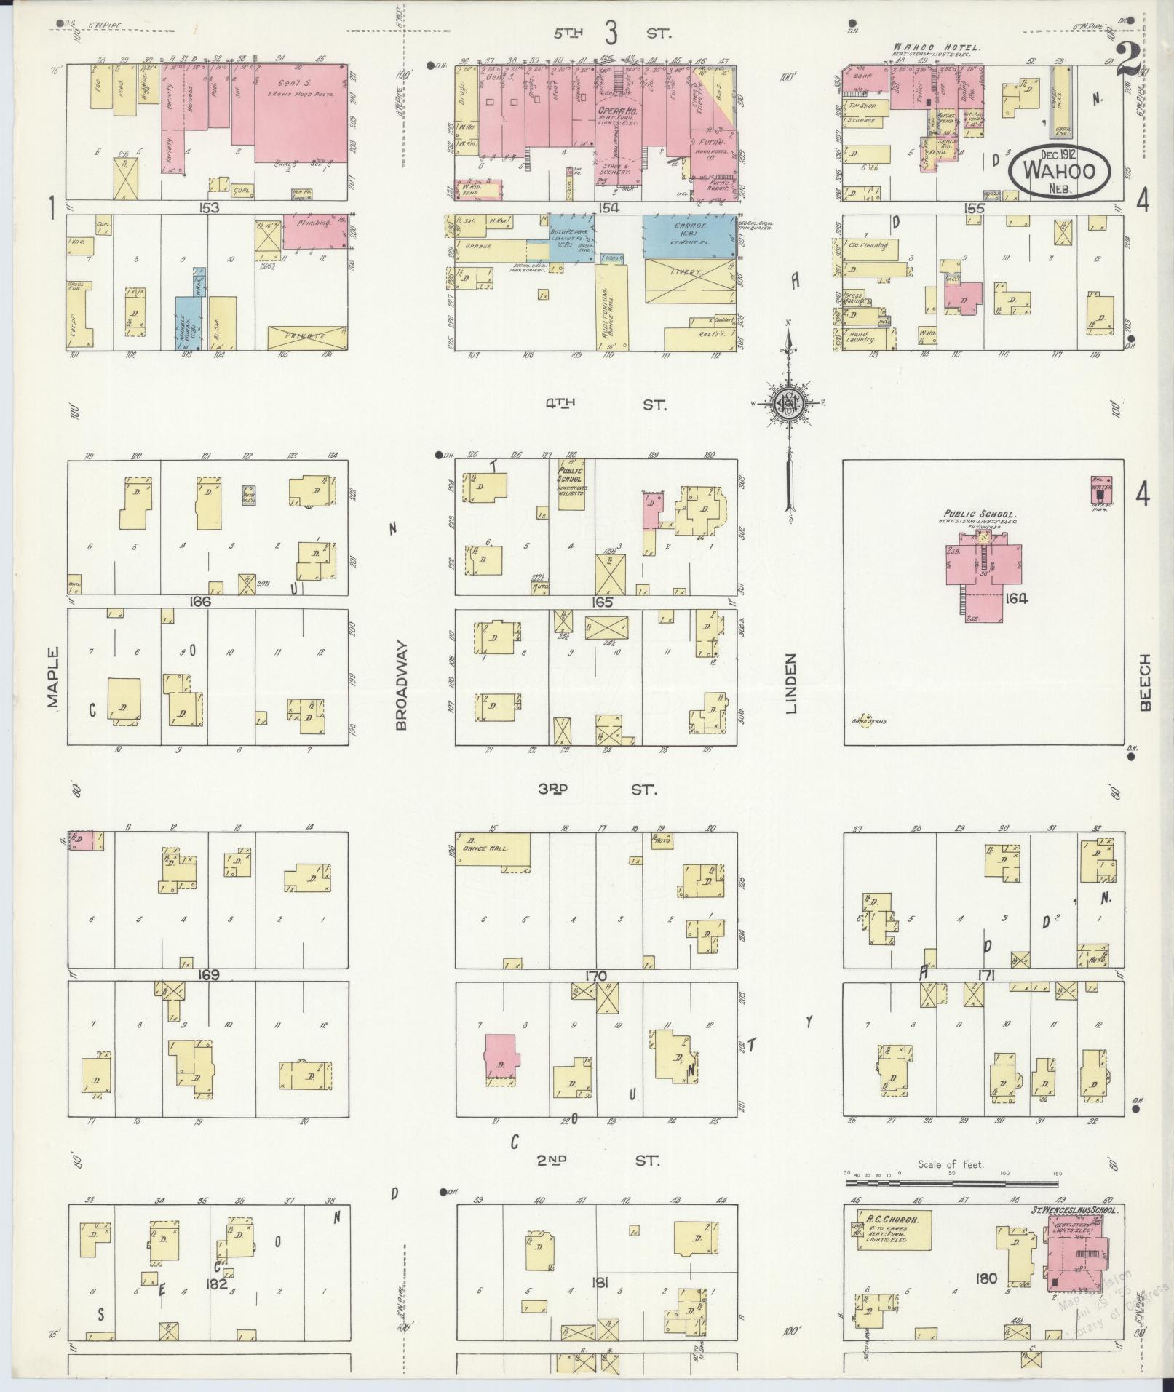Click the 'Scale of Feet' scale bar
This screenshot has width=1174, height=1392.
tap(951, 1182)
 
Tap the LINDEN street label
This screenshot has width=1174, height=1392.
tap(792, 683)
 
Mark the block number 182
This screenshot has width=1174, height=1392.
tap(217, 1284)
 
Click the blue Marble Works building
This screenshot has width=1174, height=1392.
tap(187, 321)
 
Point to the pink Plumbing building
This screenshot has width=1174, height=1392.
tap(314, 231)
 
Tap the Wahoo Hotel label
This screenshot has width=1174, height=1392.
tap(937, 48)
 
